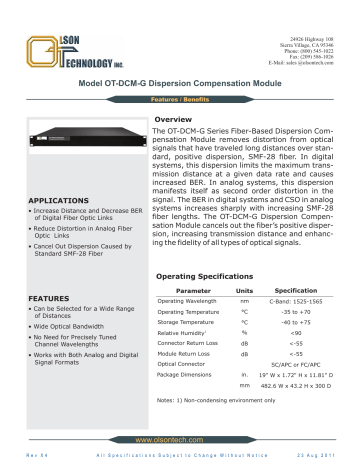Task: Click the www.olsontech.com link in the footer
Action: (x=180, y=439)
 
